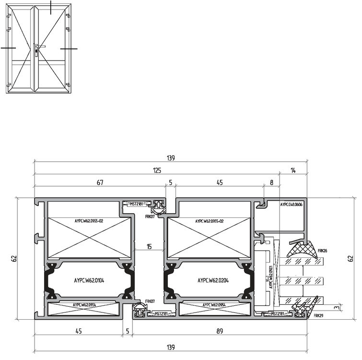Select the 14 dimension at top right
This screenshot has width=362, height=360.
(x=293, y=170)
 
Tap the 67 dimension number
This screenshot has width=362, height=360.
(x=100, y=182)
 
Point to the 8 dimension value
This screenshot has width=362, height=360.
(x=271, y=182)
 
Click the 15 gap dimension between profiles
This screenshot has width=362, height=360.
(x=149, y=247)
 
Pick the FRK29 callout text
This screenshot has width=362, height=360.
(x=318, y=316)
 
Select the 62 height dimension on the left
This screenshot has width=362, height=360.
(x=14, y=258)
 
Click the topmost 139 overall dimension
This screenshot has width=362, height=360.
(x=170, y=157)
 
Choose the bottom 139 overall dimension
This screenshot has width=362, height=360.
(x=170, y=347)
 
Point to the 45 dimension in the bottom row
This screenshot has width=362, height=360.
(x=78, y=330)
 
